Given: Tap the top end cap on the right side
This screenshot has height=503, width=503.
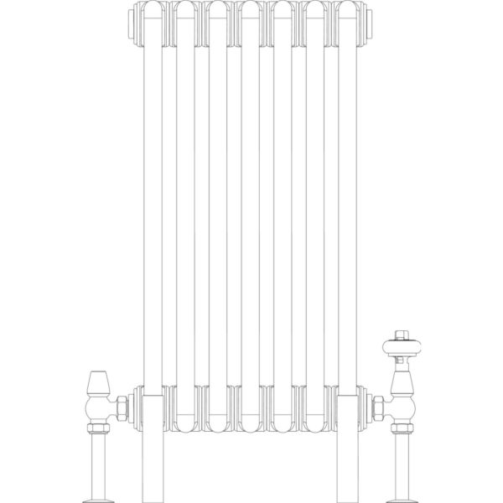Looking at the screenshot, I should click(370, 26).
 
